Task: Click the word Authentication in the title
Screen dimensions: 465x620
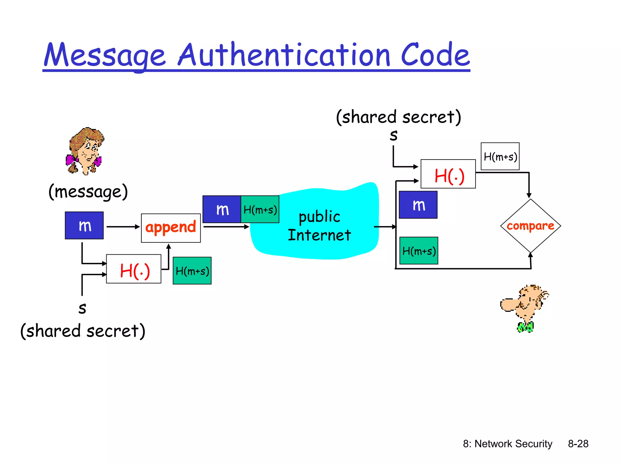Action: pyautogui.click(x=284, y=55)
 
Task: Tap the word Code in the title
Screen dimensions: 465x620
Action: pyautogui.click(x=435, y=55)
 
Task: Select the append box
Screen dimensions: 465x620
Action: pyautogui.click(x=171, y=228)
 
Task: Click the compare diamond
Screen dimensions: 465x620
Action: pyautogui.click(x=530, y=226)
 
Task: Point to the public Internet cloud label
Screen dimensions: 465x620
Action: pyautogui.click(x=319, y=226)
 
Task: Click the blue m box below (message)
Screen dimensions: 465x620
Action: pyautogui.click(x=84, y=226)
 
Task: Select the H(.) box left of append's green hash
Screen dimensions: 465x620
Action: pyautogui.click(x=134, y=269)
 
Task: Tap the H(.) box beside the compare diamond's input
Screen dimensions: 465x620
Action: pyautogui.click(x=448, y=174)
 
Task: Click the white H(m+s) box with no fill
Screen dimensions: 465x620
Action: pyautogui.click(x=500, y=157)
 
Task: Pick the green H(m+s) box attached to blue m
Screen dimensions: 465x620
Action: pyautogui.click(x=260, y=209)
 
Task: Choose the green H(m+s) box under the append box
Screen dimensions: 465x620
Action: pyautogui.click(x=192, y=271)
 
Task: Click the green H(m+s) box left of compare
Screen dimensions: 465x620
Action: pyautogui.click(x=419, y=251)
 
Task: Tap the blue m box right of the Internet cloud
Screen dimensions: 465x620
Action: pyautogui.click(x=418, y=205)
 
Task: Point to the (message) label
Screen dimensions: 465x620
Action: pyautogui.click(x=88, y=192)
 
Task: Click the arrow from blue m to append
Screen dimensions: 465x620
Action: pyautogui.click(x=123, y=227)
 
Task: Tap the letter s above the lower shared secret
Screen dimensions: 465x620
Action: pyautogui.click(x=82, y=308)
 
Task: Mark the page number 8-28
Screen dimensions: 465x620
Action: pyautogui.click(x=578, y=444)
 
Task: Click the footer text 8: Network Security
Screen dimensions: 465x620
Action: pyautogui.click(x=508, y=444)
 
